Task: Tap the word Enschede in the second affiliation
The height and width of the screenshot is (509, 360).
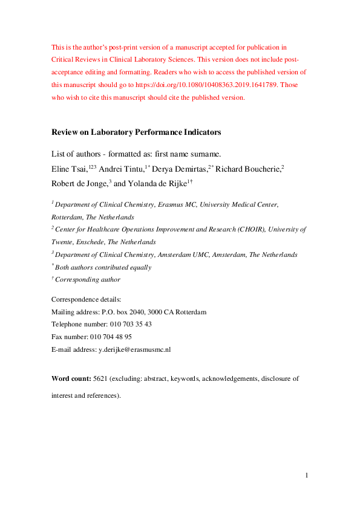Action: pos(91,242)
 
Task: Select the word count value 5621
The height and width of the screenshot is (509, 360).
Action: pos(100,378)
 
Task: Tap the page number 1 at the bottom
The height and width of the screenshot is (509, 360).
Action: pos(307,476)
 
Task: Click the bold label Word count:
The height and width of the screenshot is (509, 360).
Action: pos(71,378)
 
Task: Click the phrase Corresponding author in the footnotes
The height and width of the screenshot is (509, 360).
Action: pos(88,280)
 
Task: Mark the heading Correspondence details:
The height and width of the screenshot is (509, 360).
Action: pos(86,299)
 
